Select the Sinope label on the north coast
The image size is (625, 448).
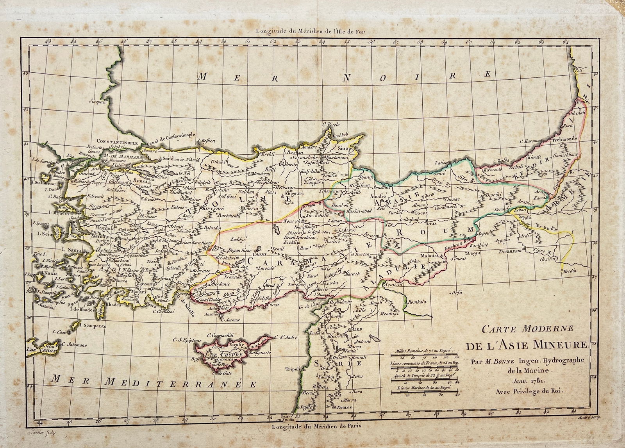pos(346,149)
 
